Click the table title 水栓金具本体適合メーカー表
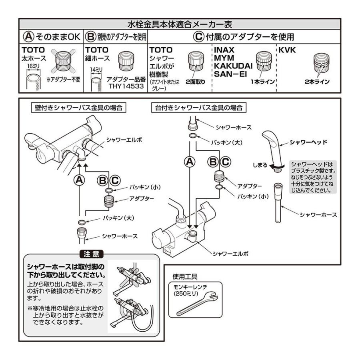(180, 24)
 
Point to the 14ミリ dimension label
(96, 70)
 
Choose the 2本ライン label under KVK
(316, 82)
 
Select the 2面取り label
(195, 82)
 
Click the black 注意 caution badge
(92, 254)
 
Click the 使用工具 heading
(185, 276)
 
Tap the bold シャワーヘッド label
(308, 142)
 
